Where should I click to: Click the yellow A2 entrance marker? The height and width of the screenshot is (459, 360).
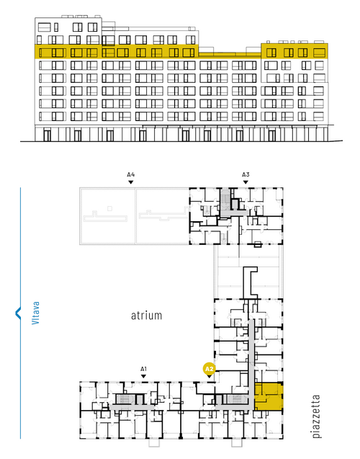click(x=210, y=369)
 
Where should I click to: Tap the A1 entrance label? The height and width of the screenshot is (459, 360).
click(x=143, y=369)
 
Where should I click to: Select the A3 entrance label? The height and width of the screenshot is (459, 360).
click(x=246, y=175)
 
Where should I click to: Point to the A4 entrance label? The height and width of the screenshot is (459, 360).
click(x=131, y=175)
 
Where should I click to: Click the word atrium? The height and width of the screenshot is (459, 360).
click(x=146, y=316)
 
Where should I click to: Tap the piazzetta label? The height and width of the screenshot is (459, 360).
click(x=316, y=416)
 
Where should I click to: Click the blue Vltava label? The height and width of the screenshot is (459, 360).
click(x=35, y=313)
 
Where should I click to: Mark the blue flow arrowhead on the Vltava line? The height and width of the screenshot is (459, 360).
click(x=18, y=313)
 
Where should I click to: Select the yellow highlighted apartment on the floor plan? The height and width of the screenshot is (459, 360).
click(x=269, y=396)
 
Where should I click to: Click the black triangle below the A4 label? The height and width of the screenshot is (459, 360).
click(x=131, y=182)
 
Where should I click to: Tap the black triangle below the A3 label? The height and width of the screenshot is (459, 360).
click(x=246, y=182)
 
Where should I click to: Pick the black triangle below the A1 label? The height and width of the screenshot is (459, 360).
click(x=143, y=376)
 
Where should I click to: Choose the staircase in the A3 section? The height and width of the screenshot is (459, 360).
click(x=225, y=199)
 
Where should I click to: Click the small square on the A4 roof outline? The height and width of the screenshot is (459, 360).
click(x=109, y=208)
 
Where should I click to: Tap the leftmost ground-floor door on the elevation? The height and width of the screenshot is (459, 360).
click(x=47, y=135)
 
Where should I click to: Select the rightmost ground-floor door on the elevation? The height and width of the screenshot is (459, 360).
click(x=272, y=135)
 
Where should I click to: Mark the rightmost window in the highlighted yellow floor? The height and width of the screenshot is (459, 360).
click(x=320, y=53)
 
